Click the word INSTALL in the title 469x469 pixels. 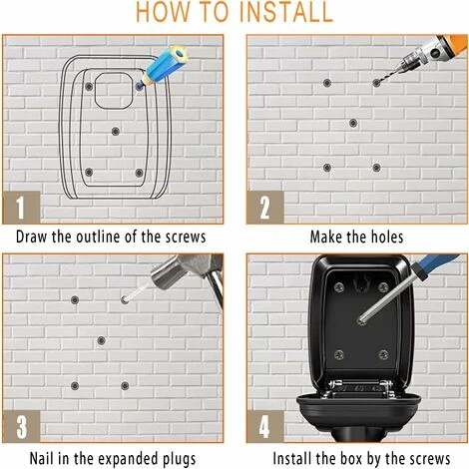pos(285,12)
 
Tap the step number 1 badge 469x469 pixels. pos(21,207)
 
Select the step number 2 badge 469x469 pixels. pos(265,208)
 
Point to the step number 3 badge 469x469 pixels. pos(21,426)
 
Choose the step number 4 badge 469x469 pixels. pos(265,426)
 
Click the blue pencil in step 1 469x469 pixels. pos(163,67)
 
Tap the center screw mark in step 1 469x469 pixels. pos(115,131)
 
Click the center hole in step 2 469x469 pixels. pos(353,123)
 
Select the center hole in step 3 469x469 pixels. pos(101,340)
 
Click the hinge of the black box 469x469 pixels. pos(359,388)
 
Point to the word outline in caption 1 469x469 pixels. pos(98,236)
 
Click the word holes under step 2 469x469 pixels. pos(387,236)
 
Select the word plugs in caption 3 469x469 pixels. pos(179,459)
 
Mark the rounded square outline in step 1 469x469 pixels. pos(114,91)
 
